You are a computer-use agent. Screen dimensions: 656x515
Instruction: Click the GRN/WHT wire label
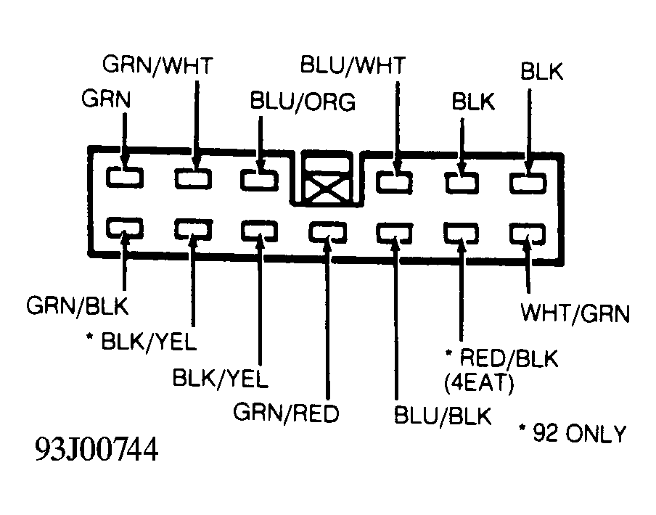pyautogui.click(x=157, y=65)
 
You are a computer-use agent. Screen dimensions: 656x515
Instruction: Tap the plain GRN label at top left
pyautogui.click(x=106, y=99)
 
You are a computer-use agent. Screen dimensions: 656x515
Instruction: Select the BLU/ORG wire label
pyautogui.click(x=303, y=102)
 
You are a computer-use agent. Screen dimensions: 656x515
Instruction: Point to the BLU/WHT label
pyautogui.click(x=353, y=65)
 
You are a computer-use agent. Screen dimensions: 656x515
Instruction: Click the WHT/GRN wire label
pyautogui.click(x=575, y=313)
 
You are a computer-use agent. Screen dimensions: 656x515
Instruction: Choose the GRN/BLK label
pyautogui.click(x=78, y=305)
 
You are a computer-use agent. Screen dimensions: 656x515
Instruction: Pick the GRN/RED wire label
pyautogui.click(x=286, y=413)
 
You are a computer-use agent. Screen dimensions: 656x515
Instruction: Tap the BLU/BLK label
pyautogui.click(x=443, y=416)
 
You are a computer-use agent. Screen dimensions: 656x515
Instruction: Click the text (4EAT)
pyautogui.click(x=479, y=382)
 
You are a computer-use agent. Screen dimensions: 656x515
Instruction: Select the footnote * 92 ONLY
pyautogui.click(x=573, y=434)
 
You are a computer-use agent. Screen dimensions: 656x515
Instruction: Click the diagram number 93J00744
pyautogui.click(x=97, y=449)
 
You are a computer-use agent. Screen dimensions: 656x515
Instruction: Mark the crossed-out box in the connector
pyautogui.click(x=327, y=180)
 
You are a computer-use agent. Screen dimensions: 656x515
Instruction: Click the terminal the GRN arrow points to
pyautogui.click(x=125, y=177)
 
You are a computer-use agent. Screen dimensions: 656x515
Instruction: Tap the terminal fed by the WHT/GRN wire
pyautogui.click(x=528, y=234)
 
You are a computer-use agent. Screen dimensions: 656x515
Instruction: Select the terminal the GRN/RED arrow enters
pyautogui.click(x=327, y=232)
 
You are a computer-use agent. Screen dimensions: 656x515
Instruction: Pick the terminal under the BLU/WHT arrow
pyautogui.click(x=394, y=182)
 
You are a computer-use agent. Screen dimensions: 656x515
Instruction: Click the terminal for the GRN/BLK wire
pyautogui.click(x=125, y=228)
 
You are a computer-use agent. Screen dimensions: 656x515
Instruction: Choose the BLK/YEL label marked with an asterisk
pyautogui.click(x=141, y=342)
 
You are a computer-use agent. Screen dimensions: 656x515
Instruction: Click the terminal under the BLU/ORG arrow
pyautogui.click(x=259, y=180)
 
